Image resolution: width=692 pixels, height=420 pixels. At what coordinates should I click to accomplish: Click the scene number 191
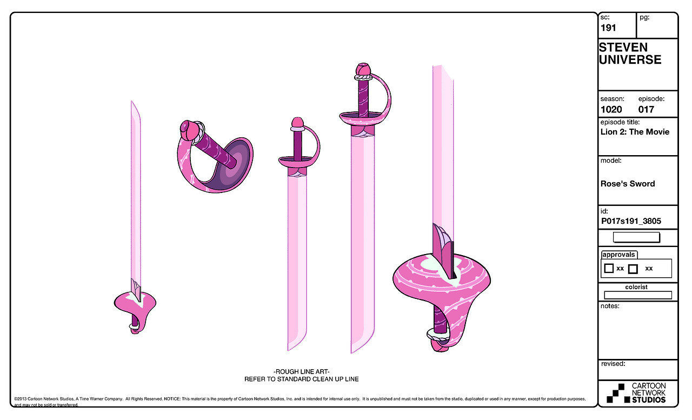(x=608, y=28)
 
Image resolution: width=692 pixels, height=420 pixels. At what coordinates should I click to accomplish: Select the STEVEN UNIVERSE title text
(x=630, y=54)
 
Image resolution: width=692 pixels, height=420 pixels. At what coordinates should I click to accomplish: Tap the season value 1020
(x=611, y=109)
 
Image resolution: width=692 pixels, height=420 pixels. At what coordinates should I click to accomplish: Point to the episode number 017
(x=646, y=109)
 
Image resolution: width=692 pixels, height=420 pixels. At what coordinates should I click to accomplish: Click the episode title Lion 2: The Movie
(x=635, y=132)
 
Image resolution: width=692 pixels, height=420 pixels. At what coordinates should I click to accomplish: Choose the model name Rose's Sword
(x=627, y=184)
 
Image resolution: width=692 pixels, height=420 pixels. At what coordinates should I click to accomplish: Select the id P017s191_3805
(x=631, y=221)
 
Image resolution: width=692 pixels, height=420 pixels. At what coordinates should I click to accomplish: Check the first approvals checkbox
(x=609, y=268)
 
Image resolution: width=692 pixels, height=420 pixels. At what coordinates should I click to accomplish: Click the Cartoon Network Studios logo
(x=636, y=393)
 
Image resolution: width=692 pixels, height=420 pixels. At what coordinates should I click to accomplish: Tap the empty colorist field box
(x=637, y=295)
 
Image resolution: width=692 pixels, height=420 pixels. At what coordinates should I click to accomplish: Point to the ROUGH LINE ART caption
(x=301, y=371)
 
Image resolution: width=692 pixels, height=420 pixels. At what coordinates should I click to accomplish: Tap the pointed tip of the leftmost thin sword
(x=132, y=103)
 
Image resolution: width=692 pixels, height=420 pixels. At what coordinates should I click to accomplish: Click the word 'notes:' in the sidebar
(x=610, y=306)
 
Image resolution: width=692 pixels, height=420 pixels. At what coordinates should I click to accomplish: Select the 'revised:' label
(x=613, y=364)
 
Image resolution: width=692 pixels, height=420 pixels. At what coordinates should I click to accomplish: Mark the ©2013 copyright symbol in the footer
(x=16, y=399)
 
